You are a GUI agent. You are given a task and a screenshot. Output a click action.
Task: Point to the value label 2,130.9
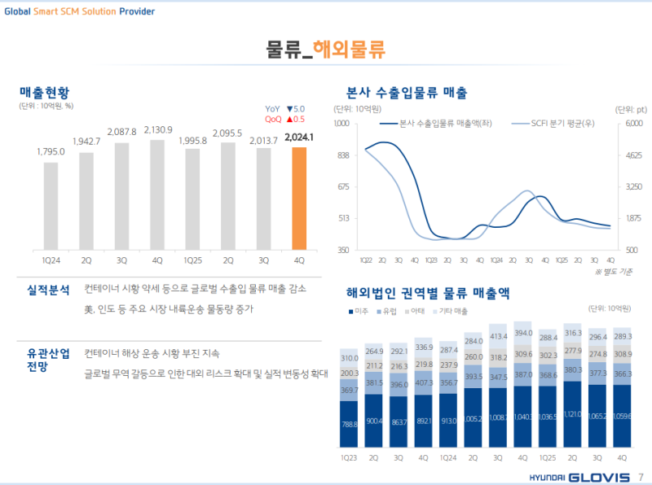coord(157,130)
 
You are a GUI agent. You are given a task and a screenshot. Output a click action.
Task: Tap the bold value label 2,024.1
coord(299,138)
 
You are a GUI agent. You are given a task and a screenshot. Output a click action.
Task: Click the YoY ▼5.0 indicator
coord(284,108)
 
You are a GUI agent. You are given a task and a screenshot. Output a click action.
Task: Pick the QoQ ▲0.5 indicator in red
coord(284,119)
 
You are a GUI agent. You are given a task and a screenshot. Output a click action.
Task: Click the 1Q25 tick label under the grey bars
coord(192,260)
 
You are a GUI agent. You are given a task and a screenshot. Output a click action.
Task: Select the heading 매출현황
coord(46,92)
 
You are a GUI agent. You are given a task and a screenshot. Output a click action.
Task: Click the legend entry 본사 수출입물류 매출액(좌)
coord(434,124)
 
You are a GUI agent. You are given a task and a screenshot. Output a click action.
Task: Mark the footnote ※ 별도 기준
coord(613,271)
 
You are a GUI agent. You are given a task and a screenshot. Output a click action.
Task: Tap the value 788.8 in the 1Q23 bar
coord(350,424)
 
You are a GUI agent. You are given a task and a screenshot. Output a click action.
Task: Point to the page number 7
coord(641,476)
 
